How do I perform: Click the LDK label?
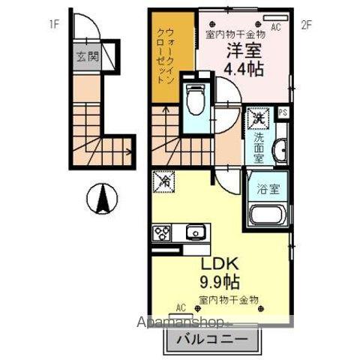(218, 265)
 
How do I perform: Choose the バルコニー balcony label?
(214, 339)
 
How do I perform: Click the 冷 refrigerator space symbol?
(163, 181)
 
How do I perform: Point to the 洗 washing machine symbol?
(258, 116)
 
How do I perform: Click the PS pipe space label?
(283, 113)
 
